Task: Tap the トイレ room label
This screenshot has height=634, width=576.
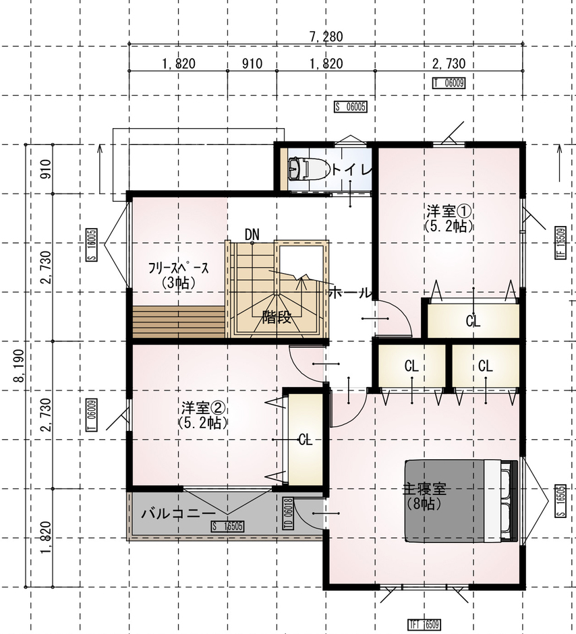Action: pyautogui.click(x=351, y=169)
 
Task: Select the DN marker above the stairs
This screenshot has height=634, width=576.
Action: pyautogui.click(x=252, y=233)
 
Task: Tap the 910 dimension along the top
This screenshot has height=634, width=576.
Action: pyautogui.click(x=252, y=64)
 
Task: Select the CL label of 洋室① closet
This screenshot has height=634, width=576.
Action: pyautogui.click(x=473, y=321)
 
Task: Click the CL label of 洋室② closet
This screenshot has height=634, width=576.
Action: pyautogui.click(x=306, y=440)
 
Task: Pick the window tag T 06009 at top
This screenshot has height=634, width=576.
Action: pyautogui.click(x=449, y=84)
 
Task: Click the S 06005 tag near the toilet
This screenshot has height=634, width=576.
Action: pyautogui.click(x=350, y=107)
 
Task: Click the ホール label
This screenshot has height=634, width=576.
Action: pyautogui.click(x=349, y=293)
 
